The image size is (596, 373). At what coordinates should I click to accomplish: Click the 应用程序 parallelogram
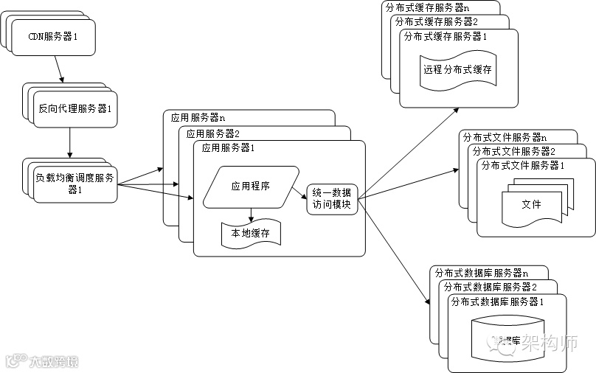pos(251,186)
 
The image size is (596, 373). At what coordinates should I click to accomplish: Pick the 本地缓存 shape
pos(251,233)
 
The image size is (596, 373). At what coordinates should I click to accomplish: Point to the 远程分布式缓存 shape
pos(457,71)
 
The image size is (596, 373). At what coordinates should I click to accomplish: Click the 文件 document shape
pos(531,204)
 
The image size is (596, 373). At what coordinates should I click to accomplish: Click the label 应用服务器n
pos(198,117)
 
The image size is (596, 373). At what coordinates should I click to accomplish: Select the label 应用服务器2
pos(213,134)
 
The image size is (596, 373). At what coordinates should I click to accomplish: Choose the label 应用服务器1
pos(229,148)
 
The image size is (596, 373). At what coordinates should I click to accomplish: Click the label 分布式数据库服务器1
pos(496,301)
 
